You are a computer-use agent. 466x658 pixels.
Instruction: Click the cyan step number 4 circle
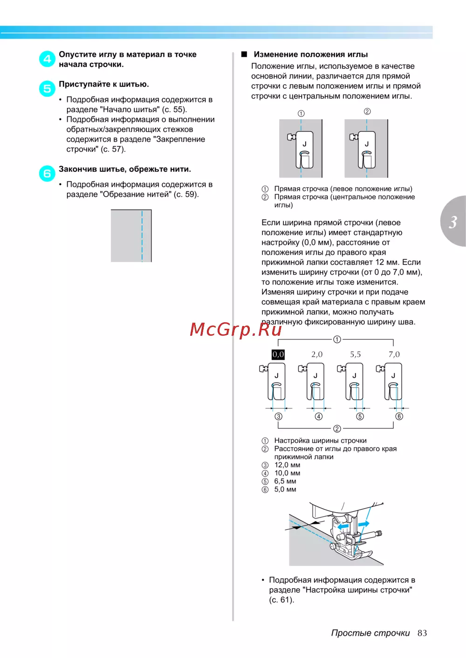[47, 59]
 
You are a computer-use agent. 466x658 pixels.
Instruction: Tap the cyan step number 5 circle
[47, 88]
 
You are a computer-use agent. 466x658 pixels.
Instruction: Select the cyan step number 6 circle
[47, 174]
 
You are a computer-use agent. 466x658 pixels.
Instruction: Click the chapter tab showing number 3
[453, 222]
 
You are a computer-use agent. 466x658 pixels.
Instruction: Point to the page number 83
[422, 633]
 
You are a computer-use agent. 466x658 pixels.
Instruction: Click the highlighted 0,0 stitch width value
[278, 354]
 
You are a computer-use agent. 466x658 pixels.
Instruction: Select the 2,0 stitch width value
[317, 354]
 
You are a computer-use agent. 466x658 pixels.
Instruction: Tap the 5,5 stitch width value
[356, 354]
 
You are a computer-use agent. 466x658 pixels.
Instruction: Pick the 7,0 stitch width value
[394, 354]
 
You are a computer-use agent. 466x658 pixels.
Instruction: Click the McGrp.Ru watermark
[236, 329]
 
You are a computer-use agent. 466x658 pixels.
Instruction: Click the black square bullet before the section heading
[244, 54]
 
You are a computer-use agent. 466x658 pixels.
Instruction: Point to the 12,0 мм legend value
[287, 465]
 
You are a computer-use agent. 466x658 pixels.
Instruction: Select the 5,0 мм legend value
[285, 489]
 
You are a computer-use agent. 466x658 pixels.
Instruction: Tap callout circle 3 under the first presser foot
[279, 416]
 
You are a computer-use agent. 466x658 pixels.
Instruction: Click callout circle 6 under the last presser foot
[399, 416]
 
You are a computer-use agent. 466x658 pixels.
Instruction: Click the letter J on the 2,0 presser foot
[315, 375]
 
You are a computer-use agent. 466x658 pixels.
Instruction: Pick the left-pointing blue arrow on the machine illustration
[343, 526]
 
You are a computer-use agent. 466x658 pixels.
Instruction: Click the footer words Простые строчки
[370, 633]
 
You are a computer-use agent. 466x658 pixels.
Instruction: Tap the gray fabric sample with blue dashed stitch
[131, 236]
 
